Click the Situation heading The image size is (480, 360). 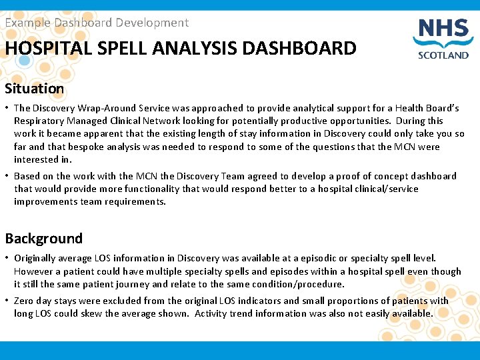point(35,88)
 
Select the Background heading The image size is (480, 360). point(44,238)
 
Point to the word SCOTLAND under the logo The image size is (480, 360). point(443,55)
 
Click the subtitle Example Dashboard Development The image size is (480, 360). point(97,23)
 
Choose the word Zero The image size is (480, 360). point(25,301)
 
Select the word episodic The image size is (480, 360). point(310,258)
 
